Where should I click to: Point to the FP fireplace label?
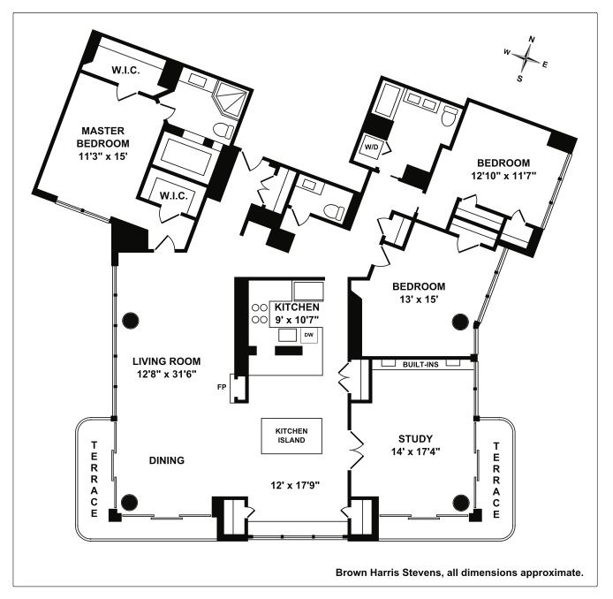click(x=224, y=386)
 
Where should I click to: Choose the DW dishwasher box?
click(x=309, y=336)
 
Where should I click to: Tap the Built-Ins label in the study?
click(x=422, y=363)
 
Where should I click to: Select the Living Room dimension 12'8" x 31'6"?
click(x=167, y=375)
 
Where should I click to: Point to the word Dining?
click(x=166, y=460)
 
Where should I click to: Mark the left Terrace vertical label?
click(x=95, y=477)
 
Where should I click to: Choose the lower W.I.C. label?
click(x=172, y=195)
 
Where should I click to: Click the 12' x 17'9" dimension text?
click(x=295, y=485)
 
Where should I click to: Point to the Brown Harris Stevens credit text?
click(x=459, y=572)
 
